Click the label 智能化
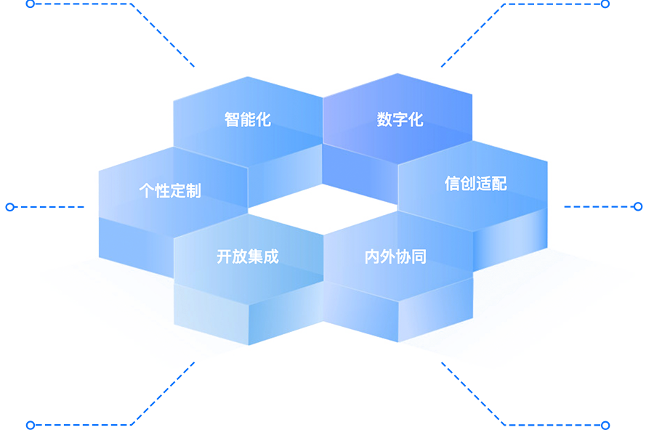coord(248,119)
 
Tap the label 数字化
coord(400,120)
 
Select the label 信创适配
coord(475,184)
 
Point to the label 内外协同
coord(395,256)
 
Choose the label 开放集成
coord(247,256)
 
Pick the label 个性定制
coord(170,191)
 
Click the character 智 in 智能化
coord(233,119)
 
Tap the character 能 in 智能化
coord(248,119)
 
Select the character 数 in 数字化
coord(384,120)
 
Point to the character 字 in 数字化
coord(400,120)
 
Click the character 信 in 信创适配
coord(452,184)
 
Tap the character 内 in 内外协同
coord(372,256)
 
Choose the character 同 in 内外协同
coord(419,256)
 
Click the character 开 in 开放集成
coord(224,256)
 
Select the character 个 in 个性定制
coord(147,191)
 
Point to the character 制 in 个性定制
coord(193,191)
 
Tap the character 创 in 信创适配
coord(467,184)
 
